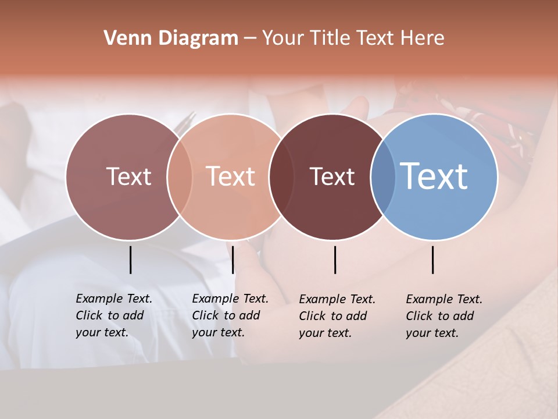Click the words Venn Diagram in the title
pyautogui.click(x=171, y=38)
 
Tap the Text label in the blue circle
pyautogui.click(x=434, y=176)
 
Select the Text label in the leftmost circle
pyautogui.click(x=128, y=176)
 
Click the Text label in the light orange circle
pyautogui.click(x=231, y=176)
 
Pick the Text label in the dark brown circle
pyautogui.click(x=332, y=176)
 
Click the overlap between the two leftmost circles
pyautogui.click(x=180, y=176)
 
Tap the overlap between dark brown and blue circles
pyautogui.click(x=383, y=176)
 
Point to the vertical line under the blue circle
pyautogui.click(x=433, y=260)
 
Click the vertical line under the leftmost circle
pyautogui.click(x=131, y=260)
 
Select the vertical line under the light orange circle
pyautogui.click(x=233, y=260)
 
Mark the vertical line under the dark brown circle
pyautogui.click(x=335, y=260)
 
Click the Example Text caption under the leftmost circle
pyautogui.click(x=114, y=315)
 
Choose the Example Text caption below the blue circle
pyautogui.click(x=444, y=316)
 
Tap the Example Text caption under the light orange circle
pyautogui.click(x=230, y=315)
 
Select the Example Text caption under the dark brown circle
pyautogui.click(x=337, y=316)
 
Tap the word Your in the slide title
pyautogui.click(x=283, y=38)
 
